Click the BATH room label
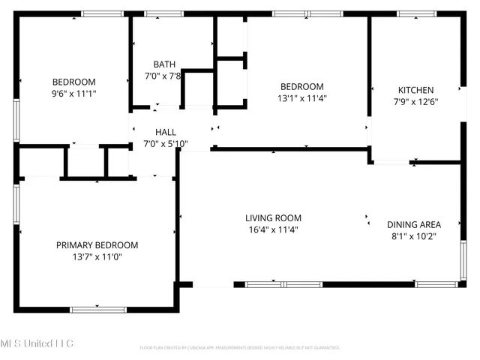(164, 64)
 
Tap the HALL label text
(166, 132)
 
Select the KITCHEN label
(415, 90)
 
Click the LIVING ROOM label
(273, 218)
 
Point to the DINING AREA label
(413, 224)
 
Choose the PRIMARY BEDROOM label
(97, 245)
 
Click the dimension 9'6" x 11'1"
(73, 94)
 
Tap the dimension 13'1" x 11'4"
(302, 97)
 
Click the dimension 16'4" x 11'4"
(273, 230)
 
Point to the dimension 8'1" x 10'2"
(413, 235)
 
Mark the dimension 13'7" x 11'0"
(97, 256)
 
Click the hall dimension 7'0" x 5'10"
(166, 143)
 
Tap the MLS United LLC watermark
(37, 343)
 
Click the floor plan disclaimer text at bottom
(240, 348)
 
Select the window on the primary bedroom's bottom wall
(98, 309)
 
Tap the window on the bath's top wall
(163, 13)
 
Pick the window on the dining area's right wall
(463, 259)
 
